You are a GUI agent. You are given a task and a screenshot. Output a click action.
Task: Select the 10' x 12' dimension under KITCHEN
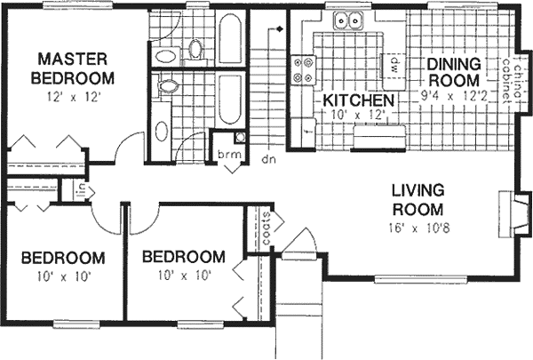(x=357, y=115)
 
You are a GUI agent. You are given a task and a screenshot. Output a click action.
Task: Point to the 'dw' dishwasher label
(x=389, y=64)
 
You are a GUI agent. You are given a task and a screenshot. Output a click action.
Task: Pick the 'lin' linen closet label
(x=80, y=188)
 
